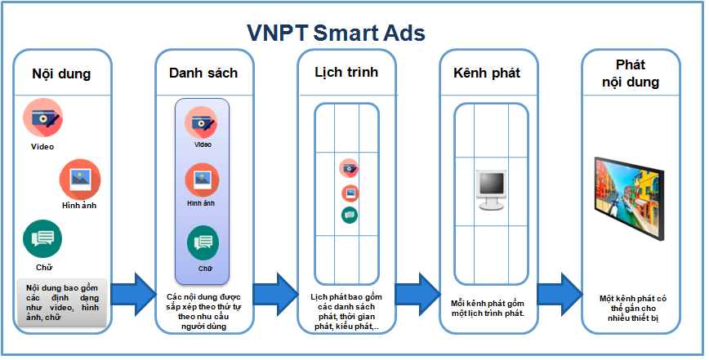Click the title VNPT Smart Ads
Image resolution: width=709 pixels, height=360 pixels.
[x=337, y=33]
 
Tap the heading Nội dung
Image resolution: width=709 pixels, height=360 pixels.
[x=61, y=73]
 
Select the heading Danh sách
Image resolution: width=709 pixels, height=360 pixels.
[x=203, y=73]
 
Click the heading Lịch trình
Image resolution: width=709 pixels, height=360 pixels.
[x=346, y=71]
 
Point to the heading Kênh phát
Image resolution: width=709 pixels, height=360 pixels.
[x=487, y=73]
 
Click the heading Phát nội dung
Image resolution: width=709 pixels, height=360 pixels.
[x=631, y=73]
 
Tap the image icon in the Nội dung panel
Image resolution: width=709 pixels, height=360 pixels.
[x=79, y=178]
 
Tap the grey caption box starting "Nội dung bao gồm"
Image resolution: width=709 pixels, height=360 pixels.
[x=61, y=302]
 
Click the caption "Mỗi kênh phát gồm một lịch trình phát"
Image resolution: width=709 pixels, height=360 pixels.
[x=488, y=308]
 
